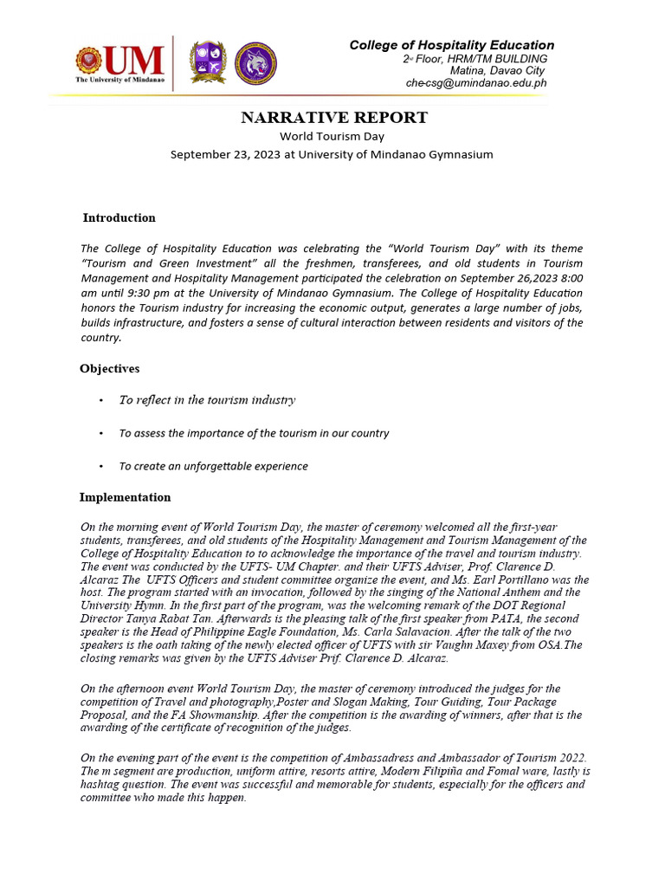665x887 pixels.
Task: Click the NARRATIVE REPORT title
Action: [333, 118]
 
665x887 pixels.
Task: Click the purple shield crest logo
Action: [208, 62]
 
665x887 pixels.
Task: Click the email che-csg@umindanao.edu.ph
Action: [476, 83]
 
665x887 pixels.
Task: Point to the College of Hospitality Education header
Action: [451, 45]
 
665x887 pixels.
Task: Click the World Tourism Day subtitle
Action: [332, 136]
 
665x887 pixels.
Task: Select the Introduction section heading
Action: [119, 217]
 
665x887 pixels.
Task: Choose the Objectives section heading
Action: [109, 368]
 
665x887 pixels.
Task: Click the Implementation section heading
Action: [125, 497]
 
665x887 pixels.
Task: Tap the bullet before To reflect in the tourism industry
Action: [101, 400]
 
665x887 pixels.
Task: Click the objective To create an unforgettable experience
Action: [213, 466]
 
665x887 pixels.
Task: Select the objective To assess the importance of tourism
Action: [254, 433]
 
